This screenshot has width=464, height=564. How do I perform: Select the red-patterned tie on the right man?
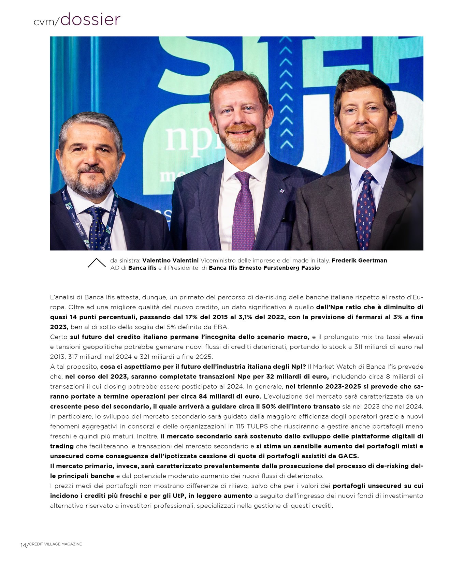(365, 208)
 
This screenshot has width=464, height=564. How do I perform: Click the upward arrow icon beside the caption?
(97, 263)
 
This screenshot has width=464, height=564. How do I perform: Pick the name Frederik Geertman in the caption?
(359, 261)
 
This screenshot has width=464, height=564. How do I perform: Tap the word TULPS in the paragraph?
(259, 426)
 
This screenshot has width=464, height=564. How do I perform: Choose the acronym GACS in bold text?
(348, 456)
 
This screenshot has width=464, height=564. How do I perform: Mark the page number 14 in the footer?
(23, 545)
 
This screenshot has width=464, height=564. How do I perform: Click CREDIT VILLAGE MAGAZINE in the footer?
(56, 544)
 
